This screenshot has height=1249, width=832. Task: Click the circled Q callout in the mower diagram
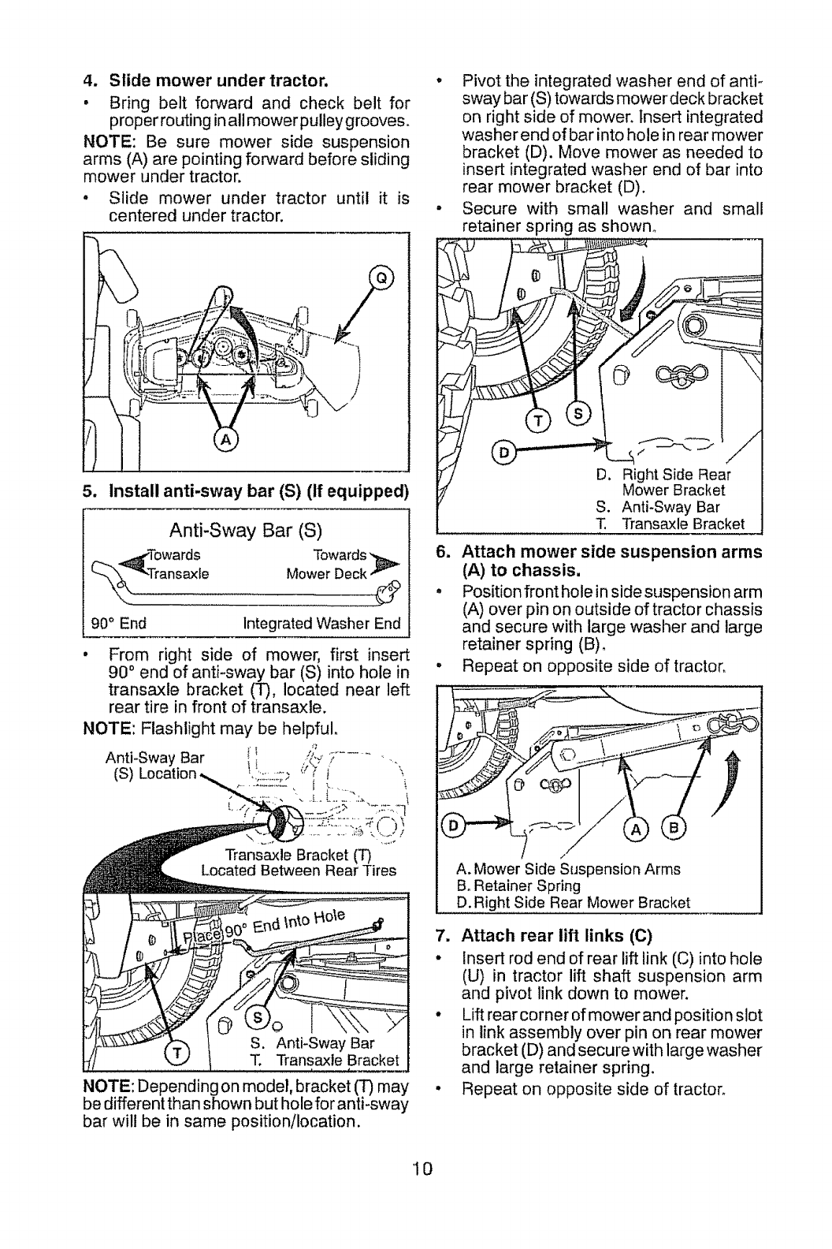click(x=381, y=276)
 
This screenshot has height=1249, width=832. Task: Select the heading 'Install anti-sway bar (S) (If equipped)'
click(x=246, y=494)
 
